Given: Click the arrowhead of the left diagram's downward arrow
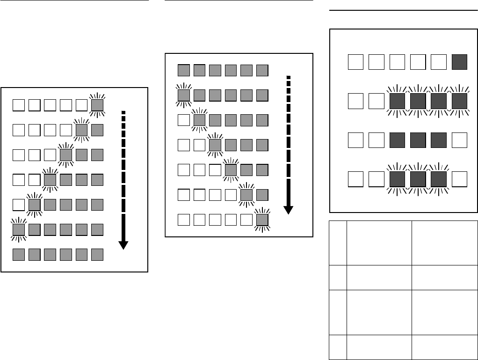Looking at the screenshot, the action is (123, 244).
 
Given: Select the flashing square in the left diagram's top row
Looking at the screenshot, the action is (97, 104).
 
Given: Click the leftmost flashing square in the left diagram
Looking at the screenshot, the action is (19, 229).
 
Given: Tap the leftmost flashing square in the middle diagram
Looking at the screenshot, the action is (184, 96).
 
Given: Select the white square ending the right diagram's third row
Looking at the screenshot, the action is (460, 140).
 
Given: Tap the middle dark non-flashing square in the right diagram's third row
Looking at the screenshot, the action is (418, 140).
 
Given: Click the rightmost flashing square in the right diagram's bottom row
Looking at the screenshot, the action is (439, 179).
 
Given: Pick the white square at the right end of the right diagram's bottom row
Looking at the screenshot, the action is (460, 179).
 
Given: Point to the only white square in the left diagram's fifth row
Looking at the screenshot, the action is (19, 205).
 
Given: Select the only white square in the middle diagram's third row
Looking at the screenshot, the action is (184, 120).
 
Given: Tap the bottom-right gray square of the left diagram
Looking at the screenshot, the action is (97, 255).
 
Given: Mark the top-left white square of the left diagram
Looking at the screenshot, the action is (19, 104).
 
